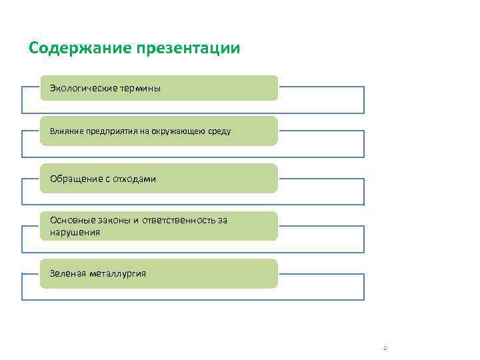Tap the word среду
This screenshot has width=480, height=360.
pyautogui.click(x=219, y=131)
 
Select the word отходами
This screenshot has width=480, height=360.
pyautogui.click(x=135, y=179)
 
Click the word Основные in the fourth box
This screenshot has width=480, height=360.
pyautogui.click(x=73, y=221)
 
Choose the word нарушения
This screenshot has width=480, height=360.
pyautogui.click(x=75, y=232)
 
